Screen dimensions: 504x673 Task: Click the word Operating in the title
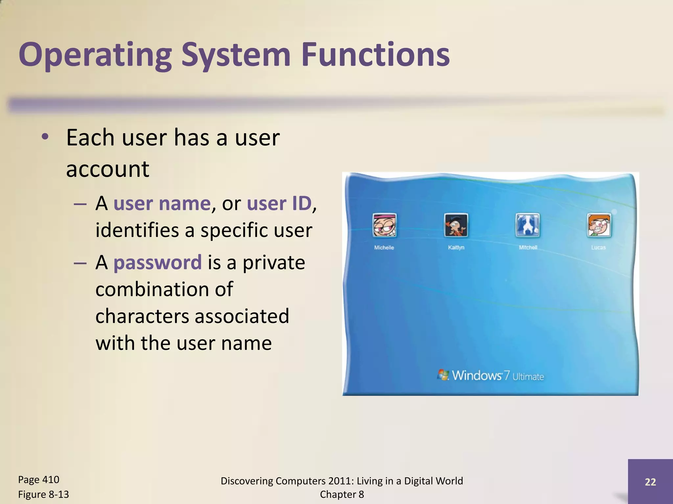click(95, 55)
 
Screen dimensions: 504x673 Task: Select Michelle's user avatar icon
click(384, 225)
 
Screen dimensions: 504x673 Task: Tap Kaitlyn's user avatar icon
click(456, 225)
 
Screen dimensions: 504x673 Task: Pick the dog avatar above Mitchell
click(527, 225)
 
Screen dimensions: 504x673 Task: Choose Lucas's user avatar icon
click(599, 225)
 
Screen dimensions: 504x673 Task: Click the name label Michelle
click(384, 247)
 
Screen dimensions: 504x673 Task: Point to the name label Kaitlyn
click(456, 247)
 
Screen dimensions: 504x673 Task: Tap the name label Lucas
click(598, 247)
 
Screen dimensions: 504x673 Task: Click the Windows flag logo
click(443, 375)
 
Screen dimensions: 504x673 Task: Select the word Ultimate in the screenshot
click(528, 377)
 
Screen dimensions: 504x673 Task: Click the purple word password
click(157, 262)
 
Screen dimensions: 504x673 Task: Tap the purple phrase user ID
click(279, 203)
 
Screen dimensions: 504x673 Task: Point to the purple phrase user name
click(162, 203)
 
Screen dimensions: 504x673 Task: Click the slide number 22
click(650, 482)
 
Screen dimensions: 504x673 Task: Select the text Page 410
click(38, 480)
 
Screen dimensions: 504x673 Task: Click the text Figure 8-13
click(43, 494)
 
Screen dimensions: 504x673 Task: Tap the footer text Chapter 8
click(342, 494)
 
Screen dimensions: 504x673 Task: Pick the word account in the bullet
click(107, 169)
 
